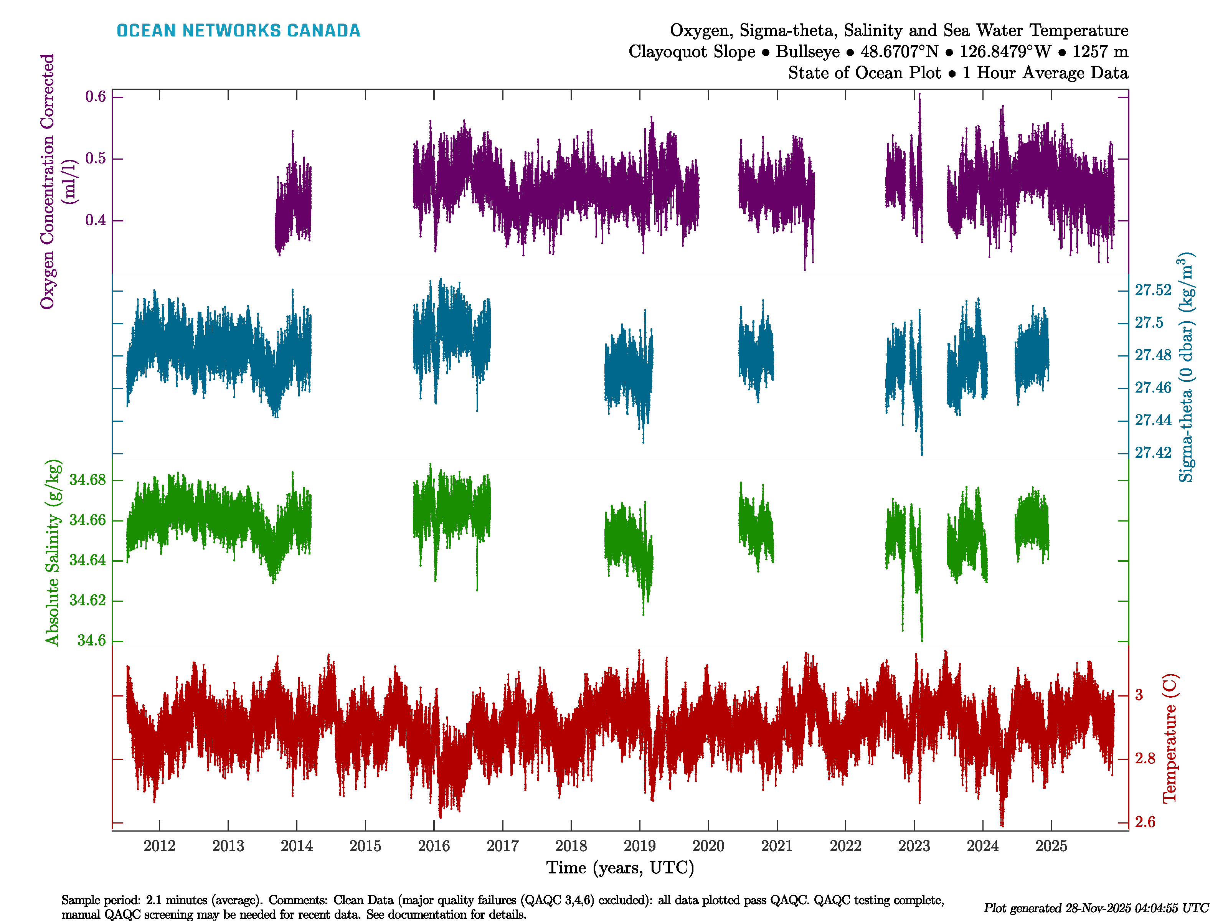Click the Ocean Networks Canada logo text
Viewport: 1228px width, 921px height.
click(238, 31)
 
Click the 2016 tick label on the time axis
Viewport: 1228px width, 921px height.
click(434, 846)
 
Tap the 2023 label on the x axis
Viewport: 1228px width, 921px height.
click(914, 846)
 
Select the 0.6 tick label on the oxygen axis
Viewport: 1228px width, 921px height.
click(96, 97)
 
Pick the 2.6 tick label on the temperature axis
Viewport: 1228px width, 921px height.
click(1145, 822)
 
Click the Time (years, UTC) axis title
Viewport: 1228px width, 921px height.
click(620, 868)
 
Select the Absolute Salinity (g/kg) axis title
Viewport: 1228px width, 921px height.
click(52, 552)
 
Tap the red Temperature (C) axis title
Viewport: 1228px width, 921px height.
click(1170, 738)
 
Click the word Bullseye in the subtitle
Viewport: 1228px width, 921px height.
click(808, 52)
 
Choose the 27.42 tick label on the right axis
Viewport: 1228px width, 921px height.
click(1152, 453)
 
